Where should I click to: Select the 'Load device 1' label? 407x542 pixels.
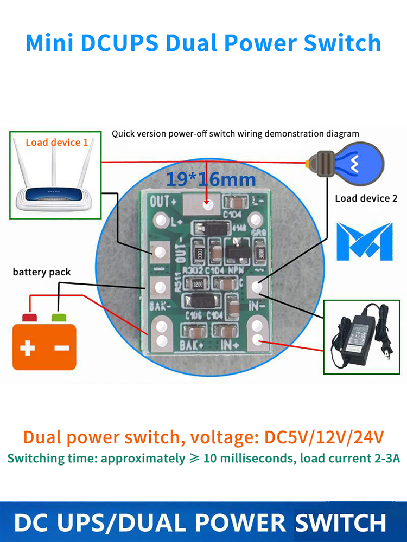[x=56, y=143]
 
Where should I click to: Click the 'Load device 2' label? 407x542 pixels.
[x=366, y=198]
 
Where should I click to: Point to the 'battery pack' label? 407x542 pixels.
[x=42, y=272]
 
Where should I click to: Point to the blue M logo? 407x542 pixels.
[x=364, y=241]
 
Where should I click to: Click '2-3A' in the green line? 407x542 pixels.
[x=382, y=459]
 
